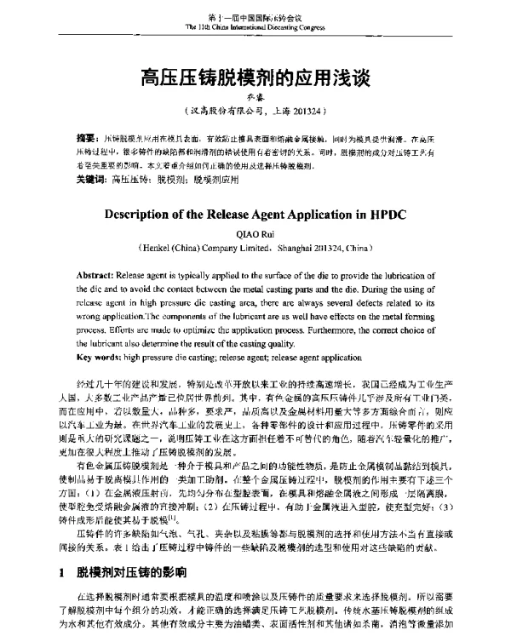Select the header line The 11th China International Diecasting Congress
[255, 27]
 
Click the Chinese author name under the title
[255, 98]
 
